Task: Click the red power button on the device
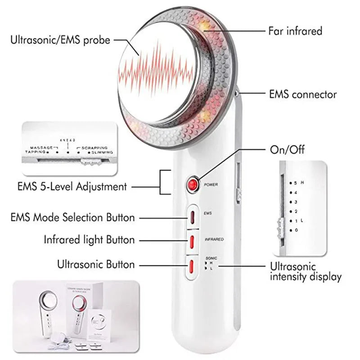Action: pyautogui.click(x=193, y=184)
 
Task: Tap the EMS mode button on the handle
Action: pyautogui.click(x=193, y=216)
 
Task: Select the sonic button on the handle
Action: pyautogui.click(x=193, y=266)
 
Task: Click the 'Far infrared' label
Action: pyautogui.click(x=295, y=31)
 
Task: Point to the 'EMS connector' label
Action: pyautogui.click(x=302, y=94)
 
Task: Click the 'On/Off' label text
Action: pyautogui.click(x=287, y=149)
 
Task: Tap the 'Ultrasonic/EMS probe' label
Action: pyautogui.click(x=60, y=40)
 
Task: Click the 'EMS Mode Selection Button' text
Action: pyautogui.click(x=72, y=217)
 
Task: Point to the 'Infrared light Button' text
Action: pyautogui.click(x=89, y=239)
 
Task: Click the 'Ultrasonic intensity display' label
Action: pyautogui.click(x=306, y=271)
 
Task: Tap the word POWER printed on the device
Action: pyautogui.click(x=211, y=184)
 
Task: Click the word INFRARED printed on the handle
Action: pyautogui.click(x=214, y=239)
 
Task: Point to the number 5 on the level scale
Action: pyautogui.click(x=296, y=183)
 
